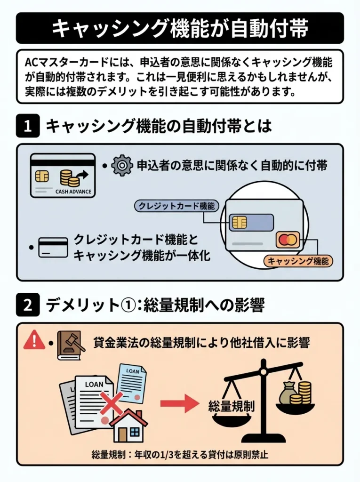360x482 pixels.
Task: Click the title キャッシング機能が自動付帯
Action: pos(180,28)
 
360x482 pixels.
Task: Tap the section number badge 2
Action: pos(27,305)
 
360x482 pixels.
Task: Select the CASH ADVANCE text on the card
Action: pos(73,192)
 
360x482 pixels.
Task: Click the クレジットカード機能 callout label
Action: pos(176,206)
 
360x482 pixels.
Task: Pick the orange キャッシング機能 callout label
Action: pos(297,260)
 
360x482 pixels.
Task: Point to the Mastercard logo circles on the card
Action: pos(288,240)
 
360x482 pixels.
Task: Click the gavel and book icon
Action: pos(70,345)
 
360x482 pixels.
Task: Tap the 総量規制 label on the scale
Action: pos(231,406)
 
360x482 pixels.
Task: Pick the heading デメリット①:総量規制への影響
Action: pos(155,305)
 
